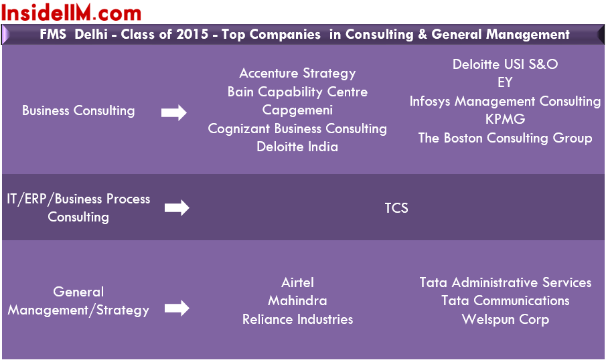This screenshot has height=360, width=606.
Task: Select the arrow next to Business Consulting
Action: (x=174, y=113)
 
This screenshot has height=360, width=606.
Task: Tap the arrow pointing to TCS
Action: (x=177, y=208)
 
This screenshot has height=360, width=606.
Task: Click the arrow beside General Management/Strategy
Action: (x=177, y=308)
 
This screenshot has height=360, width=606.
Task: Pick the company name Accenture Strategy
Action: (x=297, y=74)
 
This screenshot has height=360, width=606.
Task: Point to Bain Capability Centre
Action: (x=297, y=92)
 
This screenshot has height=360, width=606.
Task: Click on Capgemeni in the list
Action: (x=297, y=110)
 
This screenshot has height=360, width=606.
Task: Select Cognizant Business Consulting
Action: (x=297, y=128)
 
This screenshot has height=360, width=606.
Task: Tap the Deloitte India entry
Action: (x=297, y=147)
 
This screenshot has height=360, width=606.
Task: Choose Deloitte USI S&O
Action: (x=505, y=64)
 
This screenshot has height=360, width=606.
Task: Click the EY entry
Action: (x=505, y=82)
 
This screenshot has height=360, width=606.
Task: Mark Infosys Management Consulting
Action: (x=505, y=101)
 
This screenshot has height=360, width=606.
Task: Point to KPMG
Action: (x=505, y=119)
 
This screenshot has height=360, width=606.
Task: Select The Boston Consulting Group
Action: (x=505, y=138)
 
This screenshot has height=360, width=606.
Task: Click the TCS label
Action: (x=396, y=208)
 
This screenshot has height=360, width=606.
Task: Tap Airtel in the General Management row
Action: (x=297, y=282)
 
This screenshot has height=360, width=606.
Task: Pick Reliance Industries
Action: (x=297, y=319)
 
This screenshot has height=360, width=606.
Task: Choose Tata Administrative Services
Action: (x=505, y=282)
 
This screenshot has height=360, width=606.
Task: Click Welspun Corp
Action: (x=505, y=319)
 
